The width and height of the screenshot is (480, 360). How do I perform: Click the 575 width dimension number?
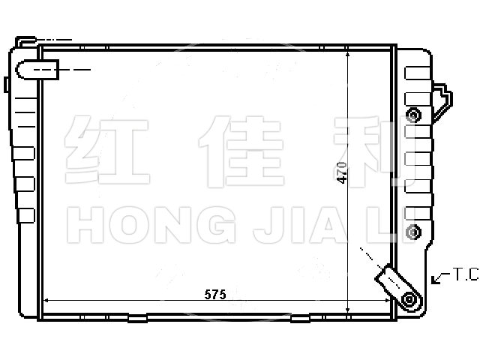(x=215, y=295)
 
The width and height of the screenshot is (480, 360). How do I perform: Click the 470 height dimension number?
(x=342, y=173)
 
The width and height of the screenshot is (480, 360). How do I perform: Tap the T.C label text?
(x=465, y=274)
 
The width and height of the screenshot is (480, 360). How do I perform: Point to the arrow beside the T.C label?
(x=440, y=277)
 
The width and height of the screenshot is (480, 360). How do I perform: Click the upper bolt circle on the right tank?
(x=413, y=115)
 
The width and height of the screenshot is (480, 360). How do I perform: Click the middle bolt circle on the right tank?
(x=413, y=232)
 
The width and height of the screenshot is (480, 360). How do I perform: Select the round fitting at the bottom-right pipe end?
(x=409, y=298)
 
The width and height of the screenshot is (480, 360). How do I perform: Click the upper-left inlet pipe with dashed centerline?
(x=37, y=70)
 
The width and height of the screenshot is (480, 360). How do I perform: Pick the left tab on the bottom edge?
(x=137, y=319)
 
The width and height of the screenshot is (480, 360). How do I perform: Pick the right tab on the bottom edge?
(x=300, y=319)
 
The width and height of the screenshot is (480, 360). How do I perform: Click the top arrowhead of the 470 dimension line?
(x=347, y=54)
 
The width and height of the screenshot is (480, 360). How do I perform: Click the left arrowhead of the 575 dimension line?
(x=46, y=301)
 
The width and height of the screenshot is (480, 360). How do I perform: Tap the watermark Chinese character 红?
(x=106, y=150)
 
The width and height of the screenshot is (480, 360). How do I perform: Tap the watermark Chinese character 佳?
(x=241, y=151)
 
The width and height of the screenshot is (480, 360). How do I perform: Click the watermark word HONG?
(x=151, y=225)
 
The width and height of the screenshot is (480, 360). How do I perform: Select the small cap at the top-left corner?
(x=25, y=41)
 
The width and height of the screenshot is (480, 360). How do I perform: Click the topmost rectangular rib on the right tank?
(x=418, y=73)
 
